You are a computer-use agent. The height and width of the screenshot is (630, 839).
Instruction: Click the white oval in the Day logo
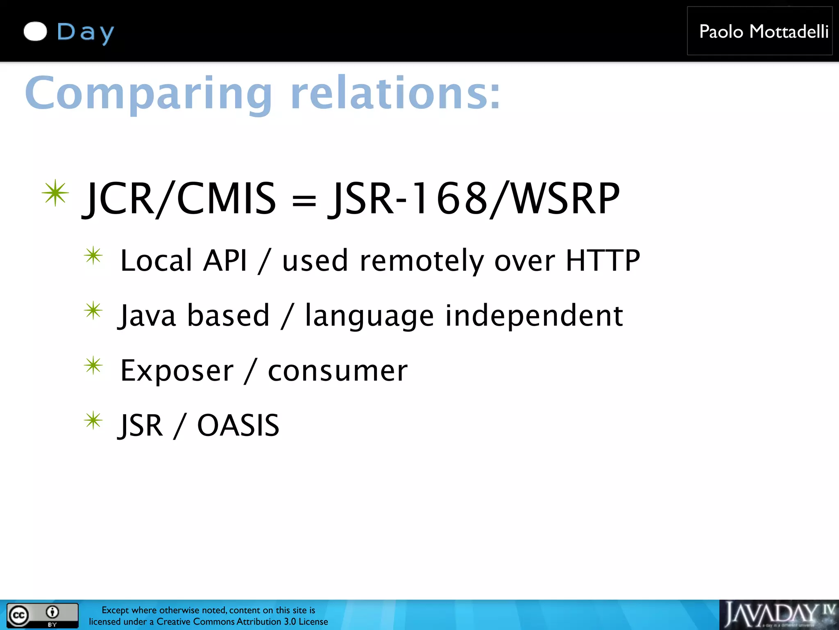36,32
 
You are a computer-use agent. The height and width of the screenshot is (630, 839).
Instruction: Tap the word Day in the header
85,32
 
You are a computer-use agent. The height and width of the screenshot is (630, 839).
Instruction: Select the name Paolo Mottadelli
764,32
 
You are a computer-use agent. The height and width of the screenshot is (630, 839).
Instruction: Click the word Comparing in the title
148,94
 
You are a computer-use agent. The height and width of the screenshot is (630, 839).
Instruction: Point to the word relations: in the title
395,94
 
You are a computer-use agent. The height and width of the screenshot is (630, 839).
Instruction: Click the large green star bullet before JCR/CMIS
55,193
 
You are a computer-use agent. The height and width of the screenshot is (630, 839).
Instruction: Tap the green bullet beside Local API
93,256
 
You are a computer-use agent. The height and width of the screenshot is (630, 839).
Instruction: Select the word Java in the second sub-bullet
148,316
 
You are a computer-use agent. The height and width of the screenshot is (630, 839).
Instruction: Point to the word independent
534,316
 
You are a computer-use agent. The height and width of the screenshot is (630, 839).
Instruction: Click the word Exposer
177,371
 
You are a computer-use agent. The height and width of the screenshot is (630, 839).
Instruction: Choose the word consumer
338,371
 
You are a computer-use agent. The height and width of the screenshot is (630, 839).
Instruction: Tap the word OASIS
238,425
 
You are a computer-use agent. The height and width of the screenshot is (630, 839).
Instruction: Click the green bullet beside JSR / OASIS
93,421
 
